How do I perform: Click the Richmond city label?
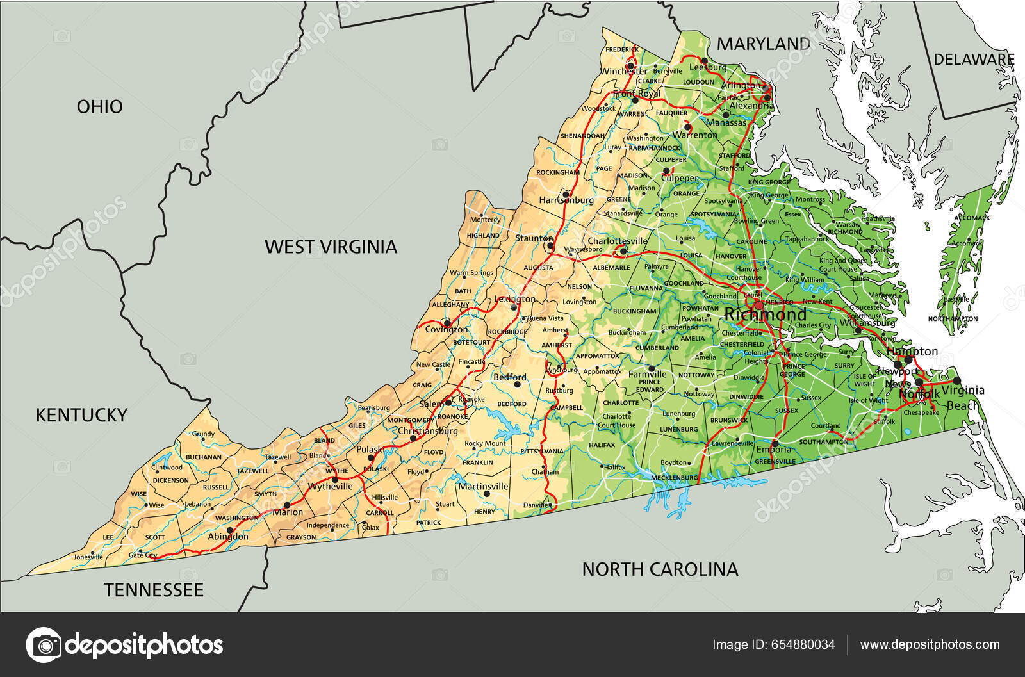coord(766,315)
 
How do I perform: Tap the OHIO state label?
coord(99,106)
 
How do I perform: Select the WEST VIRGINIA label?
coord(331,247)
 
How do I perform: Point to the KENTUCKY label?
coord(81,415)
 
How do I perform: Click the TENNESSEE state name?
coord(154,590)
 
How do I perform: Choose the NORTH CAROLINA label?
coord(660,569)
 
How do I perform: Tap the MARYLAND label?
coord(763,44)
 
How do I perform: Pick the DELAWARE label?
coord(974,60)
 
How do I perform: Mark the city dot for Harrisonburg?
coord(566,192)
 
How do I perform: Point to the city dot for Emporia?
coord(775,443)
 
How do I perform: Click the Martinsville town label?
coord(483,486)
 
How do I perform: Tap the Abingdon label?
coord(228,537)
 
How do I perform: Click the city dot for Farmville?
coord(652,368)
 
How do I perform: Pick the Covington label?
coord(447,329)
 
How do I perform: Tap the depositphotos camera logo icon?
coord(43,644)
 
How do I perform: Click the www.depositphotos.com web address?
coord(930,644)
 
